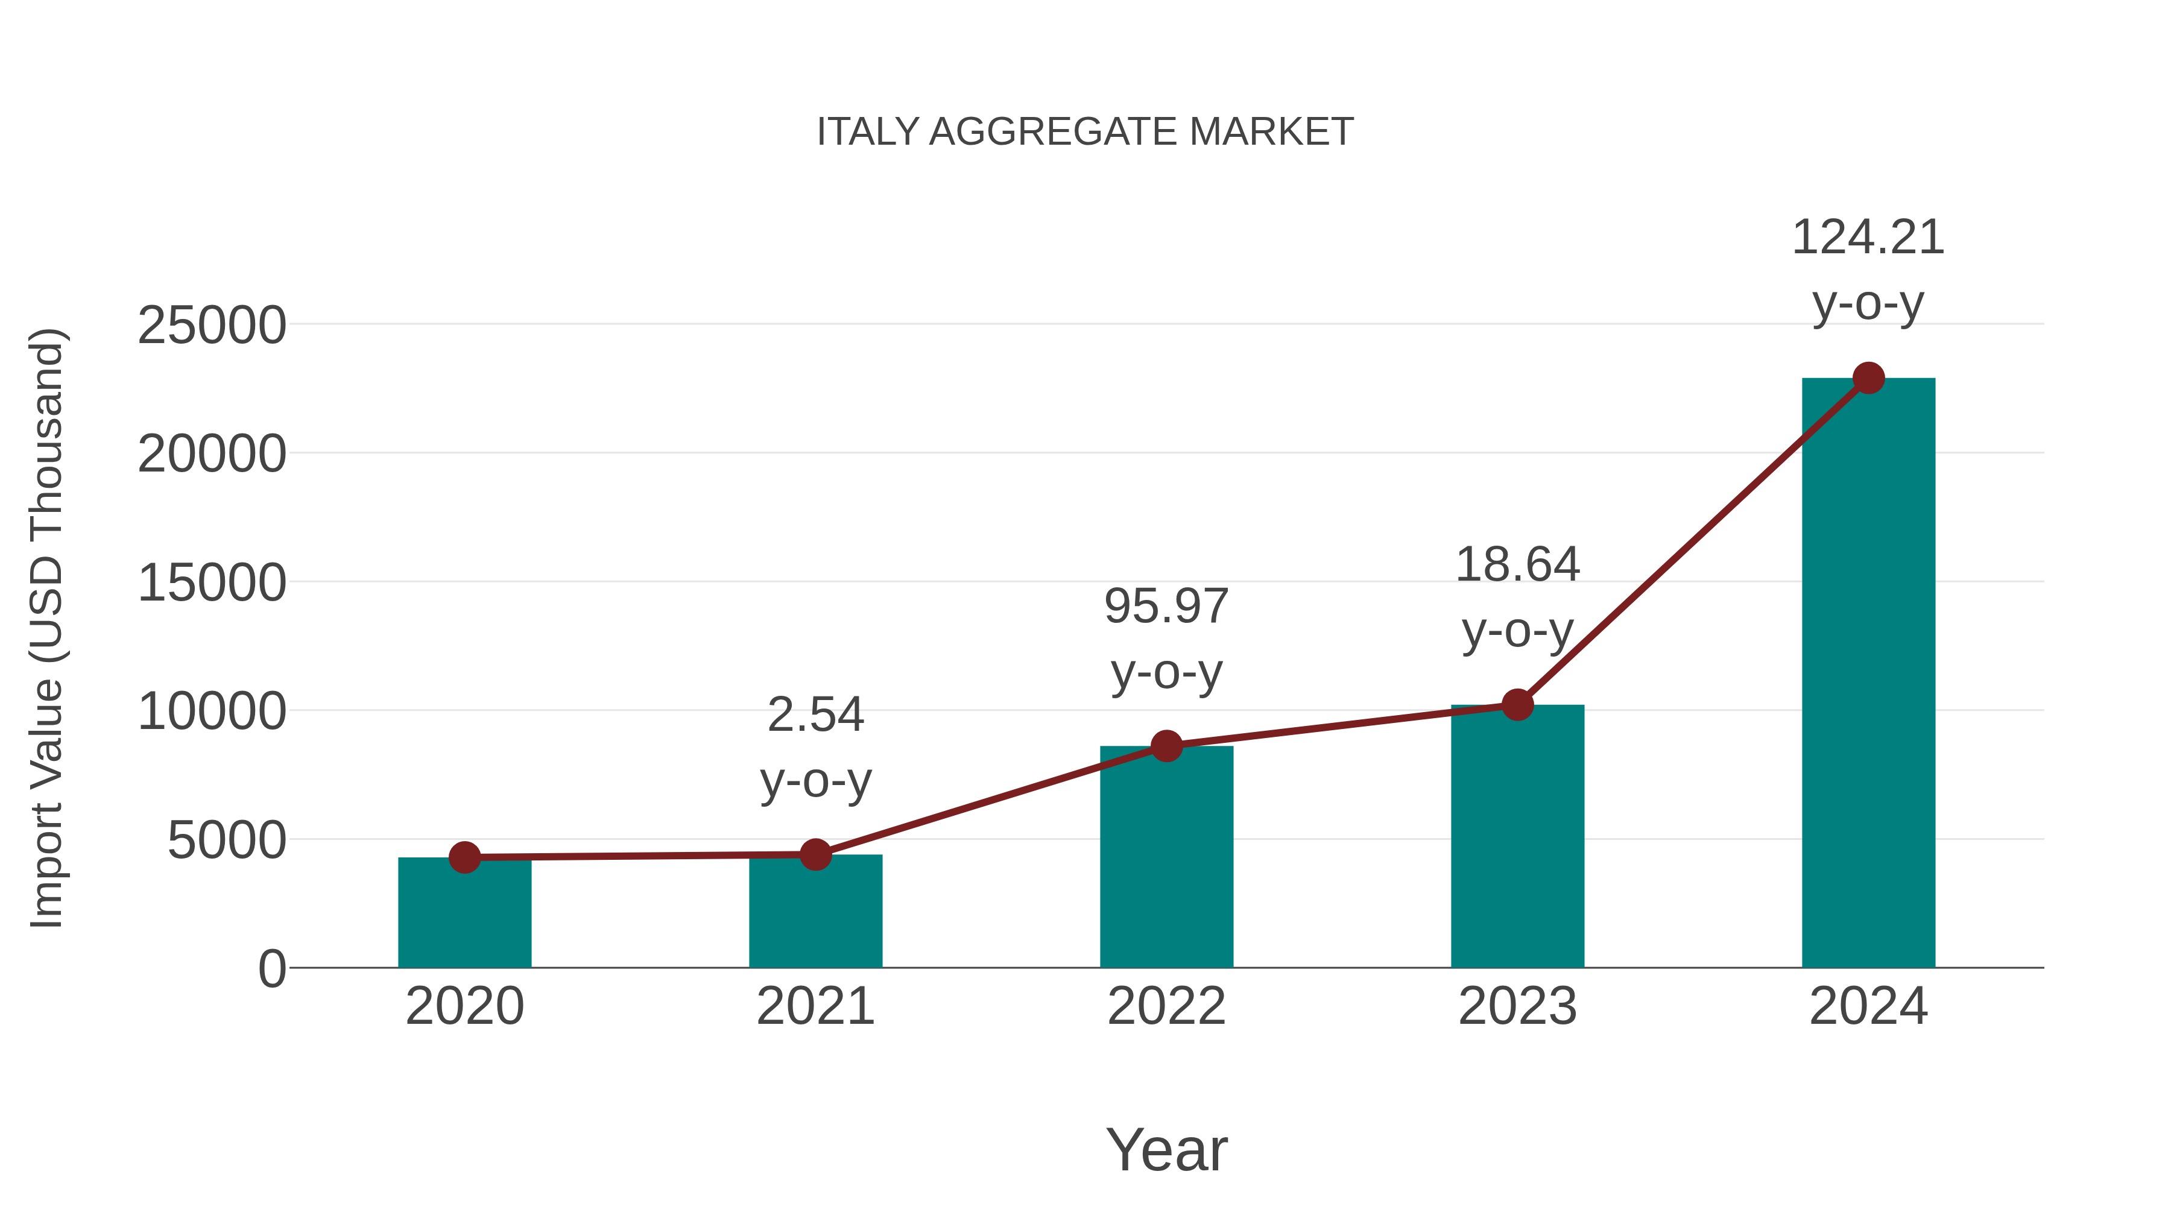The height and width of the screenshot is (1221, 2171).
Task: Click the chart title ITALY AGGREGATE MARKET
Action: coord(1085,132)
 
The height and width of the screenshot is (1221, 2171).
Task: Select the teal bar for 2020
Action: coord(464,918)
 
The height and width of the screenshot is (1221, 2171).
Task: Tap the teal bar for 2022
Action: coord(1166,859)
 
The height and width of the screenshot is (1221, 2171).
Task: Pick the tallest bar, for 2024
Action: coord(1868,674)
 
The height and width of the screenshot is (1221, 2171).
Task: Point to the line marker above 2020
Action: coord(464,858)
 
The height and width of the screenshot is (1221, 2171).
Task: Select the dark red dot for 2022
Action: coord(1166,746)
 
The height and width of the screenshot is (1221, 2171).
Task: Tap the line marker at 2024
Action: coord(1868,378)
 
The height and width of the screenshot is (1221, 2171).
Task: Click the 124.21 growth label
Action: coord(1868,238)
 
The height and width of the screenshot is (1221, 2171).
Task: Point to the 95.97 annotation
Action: coord(1166,607)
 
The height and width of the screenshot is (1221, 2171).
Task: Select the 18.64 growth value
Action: coord(1517,564)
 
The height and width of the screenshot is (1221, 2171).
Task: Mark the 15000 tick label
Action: coord(212,583)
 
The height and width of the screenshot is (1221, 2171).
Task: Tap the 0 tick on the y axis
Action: coord(272,969)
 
